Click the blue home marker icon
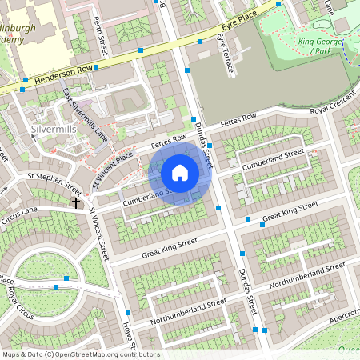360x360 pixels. pyautogui.click(x=180, y=174)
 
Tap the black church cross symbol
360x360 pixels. pyautogui.click(x=76, y=202)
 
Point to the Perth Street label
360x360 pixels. pyautogui.click(x=99, y=33)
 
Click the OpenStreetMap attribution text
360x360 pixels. pyautogui.click(x=80, y=354)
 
